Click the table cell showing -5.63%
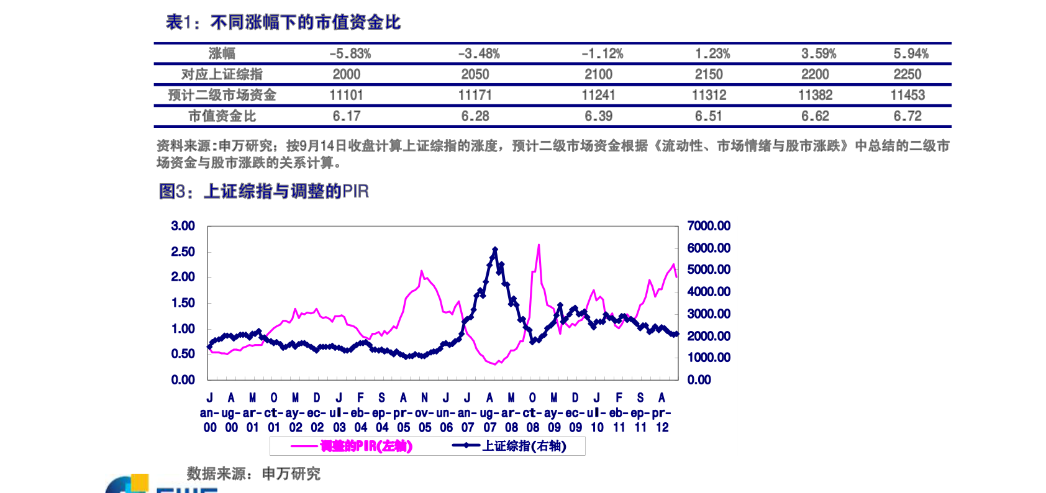pos(350,54)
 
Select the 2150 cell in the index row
pos(708,75)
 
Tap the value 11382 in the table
pos(815,95)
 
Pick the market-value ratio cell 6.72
pos(907,116)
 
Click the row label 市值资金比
pos(222,116)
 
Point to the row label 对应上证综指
pos(222,75)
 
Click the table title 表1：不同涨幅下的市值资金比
pos(283,23)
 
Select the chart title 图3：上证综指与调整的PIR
pos(264,191)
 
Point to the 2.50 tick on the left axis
pos(183,251)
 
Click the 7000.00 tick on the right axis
pos(708,226)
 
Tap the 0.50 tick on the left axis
pos(183,354)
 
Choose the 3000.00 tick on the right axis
pos(708,314)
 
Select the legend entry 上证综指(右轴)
pos(524,446)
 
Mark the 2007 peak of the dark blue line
pos(495,249)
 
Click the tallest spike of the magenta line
pos(539,245)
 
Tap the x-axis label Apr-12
pos(662,413)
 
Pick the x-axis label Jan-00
pos(210,413)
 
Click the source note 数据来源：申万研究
pos(253,474)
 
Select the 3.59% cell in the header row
pos(818,54)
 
